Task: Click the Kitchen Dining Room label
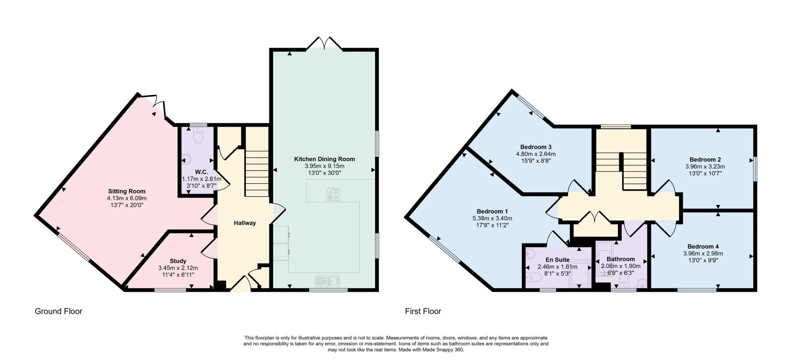pyautogui.click(x=324, y=159)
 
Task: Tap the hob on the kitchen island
pyautogui.click(x=333, y=194)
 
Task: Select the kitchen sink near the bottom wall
pyautogui.click(x=327, y=280)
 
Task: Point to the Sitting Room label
pyautogui.click(x=126, y=191)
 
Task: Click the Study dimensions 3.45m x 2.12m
pyautogui.click(x=178, y=268)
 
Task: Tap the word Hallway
pyautogui.click(x=244, y=223)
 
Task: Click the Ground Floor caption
pyautogui.click(x=58, y=311)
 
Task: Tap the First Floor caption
pyautogui.click(x=423, y=311)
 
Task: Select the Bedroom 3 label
pyautogui.click(x=536, y=147)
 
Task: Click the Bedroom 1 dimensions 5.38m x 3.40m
pyautogui.click(x=492, y=218)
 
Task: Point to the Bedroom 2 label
pyautogui.click(x=705, y=159)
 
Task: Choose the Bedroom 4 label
pyautogui.click(x=703, y=246)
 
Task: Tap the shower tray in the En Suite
pyautogui.click(x=580, y=273)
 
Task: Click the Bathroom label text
pyautogui.click(x=620, y=259)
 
